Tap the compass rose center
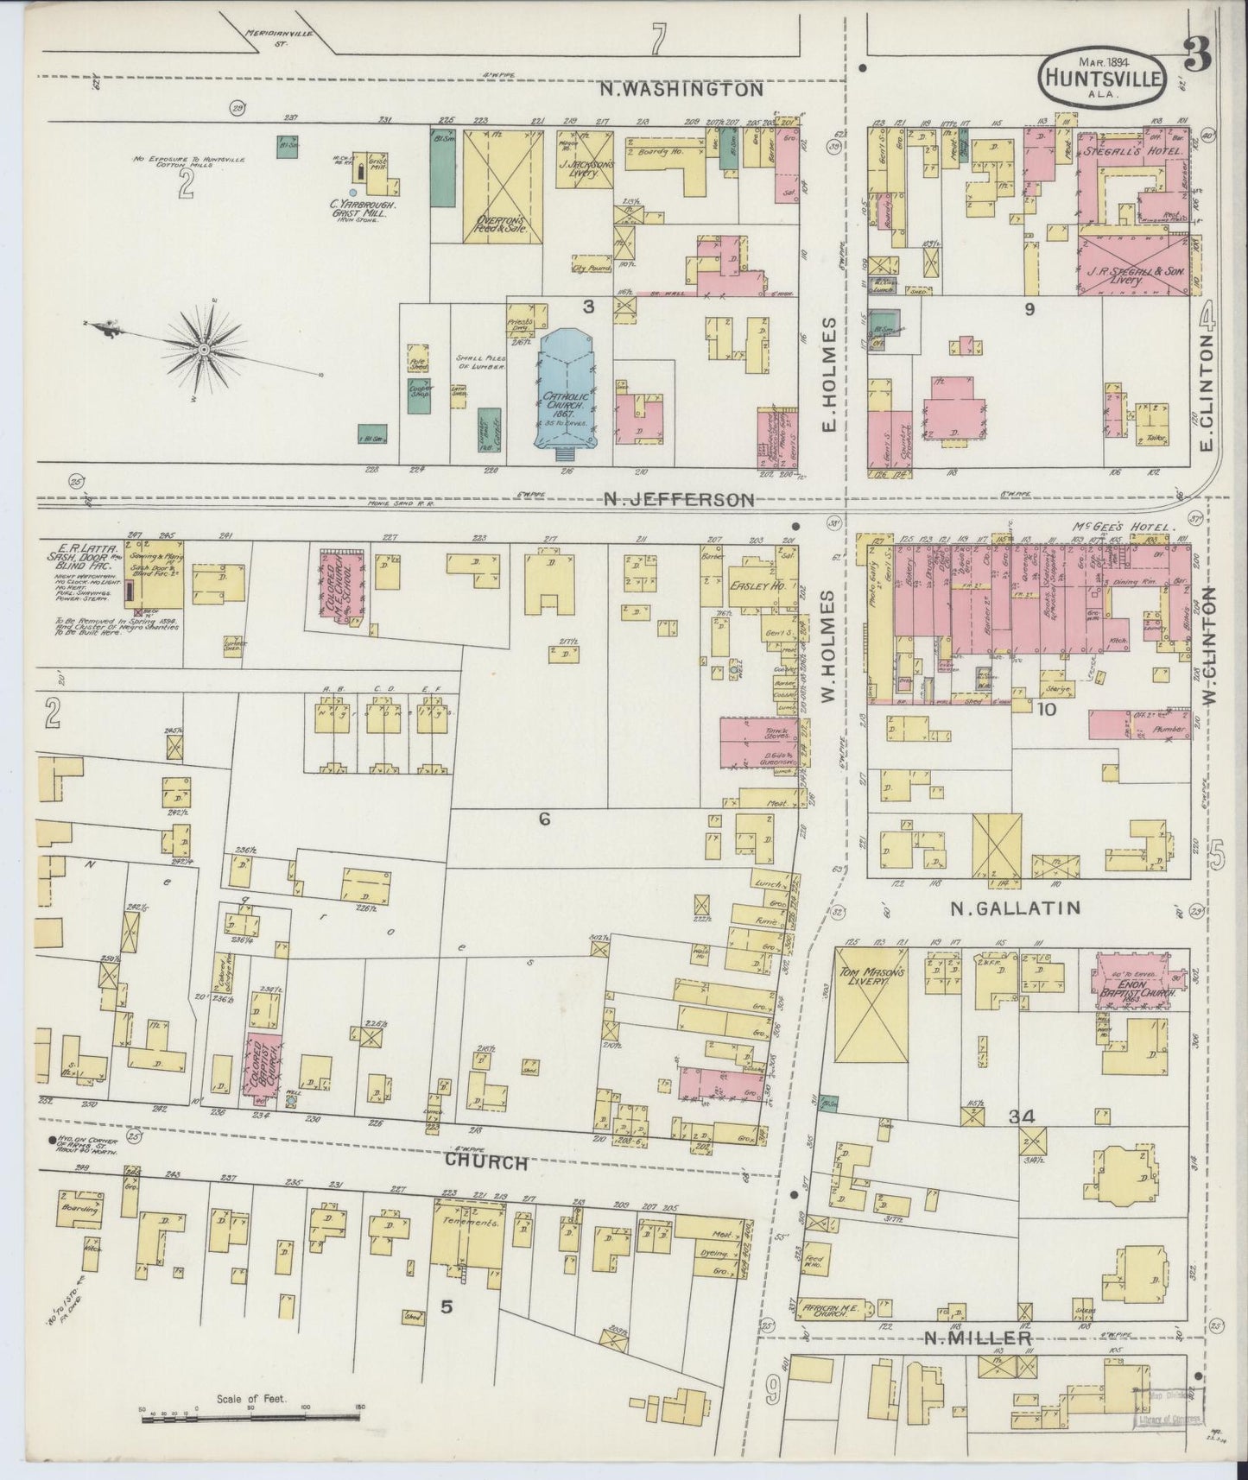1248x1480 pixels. [204, 349]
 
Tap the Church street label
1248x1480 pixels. [485, 1162]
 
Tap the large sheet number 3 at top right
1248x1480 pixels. [1199, 62]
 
